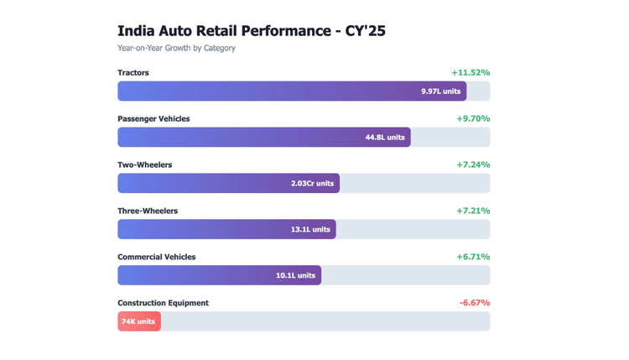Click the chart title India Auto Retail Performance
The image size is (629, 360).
click(251, 31)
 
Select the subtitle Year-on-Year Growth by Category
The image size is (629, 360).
click(176, 49)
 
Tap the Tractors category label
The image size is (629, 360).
click(133, 73)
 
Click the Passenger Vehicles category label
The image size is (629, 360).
click(153, 119)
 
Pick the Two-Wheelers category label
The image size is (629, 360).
click(144, 165)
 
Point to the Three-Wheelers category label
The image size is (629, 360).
click(148, 211)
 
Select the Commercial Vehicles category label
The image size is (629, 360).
click(156, 258)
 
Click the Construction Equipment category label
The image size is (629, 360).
click(163, 303)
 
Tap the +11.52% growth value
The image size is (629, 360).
click(470, 73)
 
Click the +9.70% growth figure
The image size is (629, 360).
click(473, 119)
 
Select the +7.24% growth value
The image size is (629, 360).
click(473, 165)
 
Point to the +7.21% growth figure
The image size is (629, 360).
click(473, 211)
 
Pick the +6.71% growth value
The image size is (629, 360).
click(473, 258)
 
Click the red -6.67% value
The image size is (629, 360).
click(475, 303)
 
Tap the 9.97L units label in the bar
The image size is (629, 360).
click(440, 91)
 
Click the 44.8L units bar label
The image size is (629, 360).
click(385, 138)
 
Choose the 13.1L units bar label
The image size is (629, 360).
click(310, 230)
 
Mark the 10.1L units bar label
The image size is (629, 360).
click(295, 275)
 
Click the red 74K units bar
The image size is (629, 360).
click(138, 321)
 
